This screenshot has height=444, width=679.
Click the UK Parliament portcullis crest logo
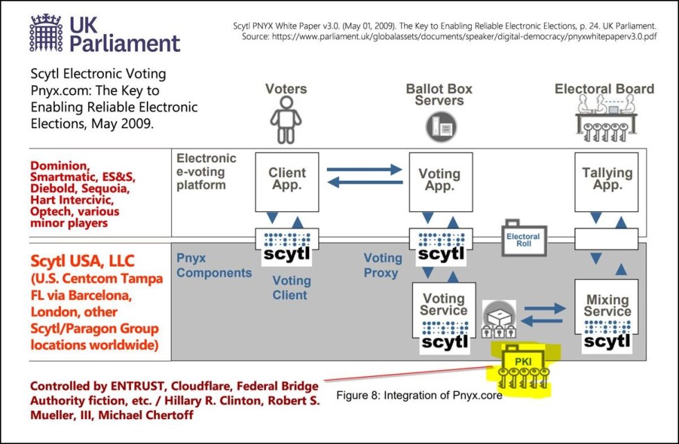[46, 33]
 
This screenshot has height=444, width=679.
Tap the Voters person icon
[285, 120]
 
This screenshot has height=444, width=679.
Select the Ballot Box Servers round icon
[441, 126]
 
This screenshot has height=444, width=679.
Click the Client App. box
[287, 181]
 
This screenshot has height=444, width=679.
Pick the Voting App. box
[441, 181]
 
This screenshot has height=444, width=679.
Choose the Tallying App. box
[606, 181]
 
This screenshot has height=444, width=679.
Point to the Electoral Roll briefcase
[524, 238]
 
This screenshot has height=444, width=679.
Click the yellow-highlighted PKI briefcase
[523, 367]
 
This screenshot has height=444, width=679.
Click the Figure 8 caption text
[419, 396]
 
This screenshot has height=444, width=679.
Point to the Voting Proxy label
[382, 266]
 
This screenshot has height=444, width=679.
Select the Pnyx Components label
[214, 266]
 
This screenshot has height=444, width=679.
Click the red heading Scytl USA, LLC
[82, 261]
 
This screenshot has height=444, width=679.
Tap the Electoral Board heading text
[604, 89]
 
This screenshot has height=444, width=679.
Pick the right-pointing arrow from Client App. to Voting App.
[364, 169]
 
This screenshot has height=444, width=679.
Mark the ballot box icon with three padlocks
[499, 319]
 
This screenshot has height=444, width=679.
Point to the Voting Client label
[292, 287]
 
